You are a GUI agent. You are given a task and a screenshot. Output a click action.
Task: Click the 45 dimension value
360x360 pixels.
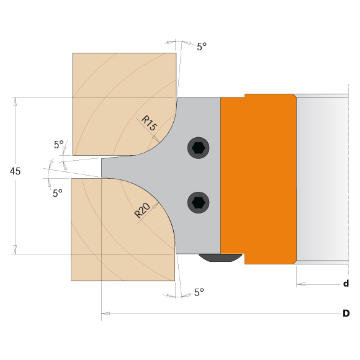tap(16, 171)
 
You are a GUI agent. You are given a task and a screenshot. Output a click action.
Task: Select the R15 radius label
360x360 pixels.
tap(149, 122)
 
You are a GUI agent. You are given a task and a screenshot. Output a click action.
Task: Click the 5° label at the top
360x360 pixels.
tap(202, 46)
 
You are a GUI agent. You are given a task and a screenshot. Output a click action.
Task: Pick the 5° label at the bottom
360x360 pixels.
tap(199, 291)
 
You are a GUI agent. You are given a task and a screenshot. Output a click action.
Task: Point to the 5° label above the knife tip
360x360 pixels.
tap(59, 145)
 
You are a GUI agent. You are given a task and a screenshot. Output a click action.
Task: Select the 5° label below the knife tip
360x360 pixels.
tap(57, 193)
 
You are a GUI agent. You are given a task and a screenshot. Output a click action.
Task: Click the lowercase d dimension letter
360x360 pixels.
tap(346, 284)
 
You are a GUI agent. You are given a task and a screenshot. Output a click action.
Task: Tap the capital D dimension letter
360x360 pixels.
tap(346, 313)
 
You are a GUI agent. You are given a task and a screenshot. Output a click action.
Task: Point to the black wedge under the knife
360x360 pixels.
tap(220, 258)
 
